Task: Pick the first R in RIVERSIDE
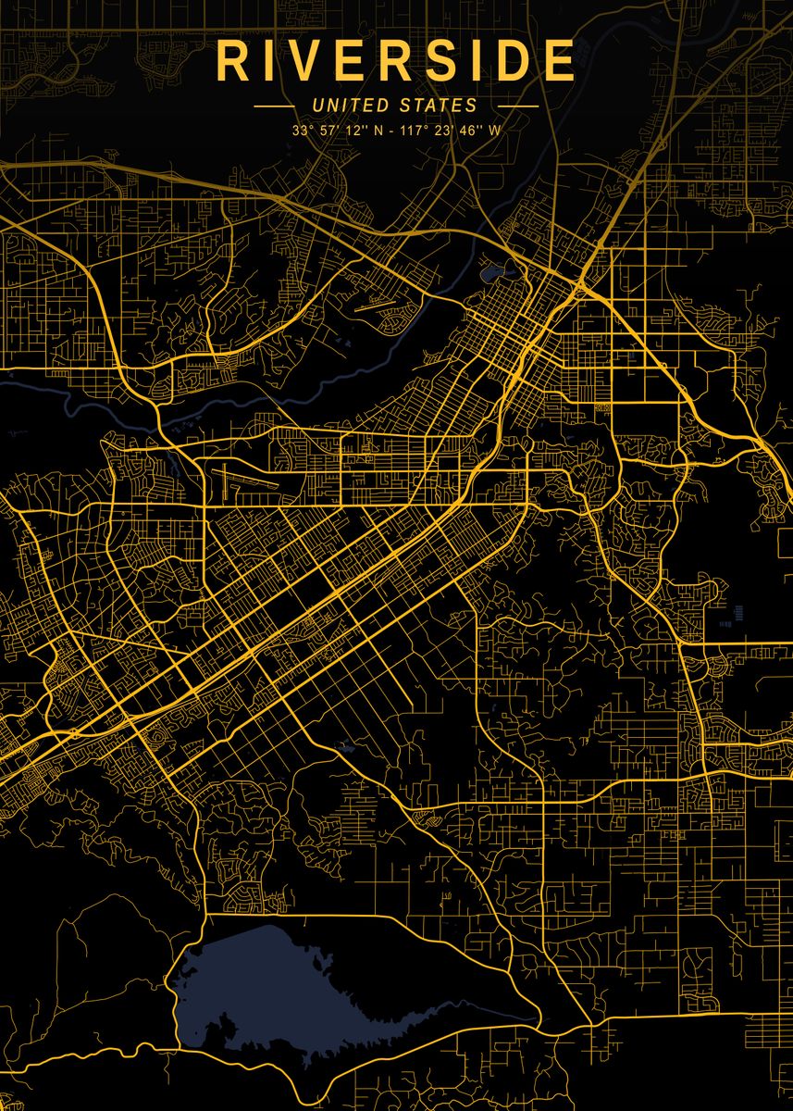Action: [230, 61]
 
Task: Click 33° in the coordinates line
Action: [301, 131]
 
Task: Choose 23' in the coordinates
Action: [439, 131]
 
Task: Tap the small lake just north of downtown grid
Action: [490, 273]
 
